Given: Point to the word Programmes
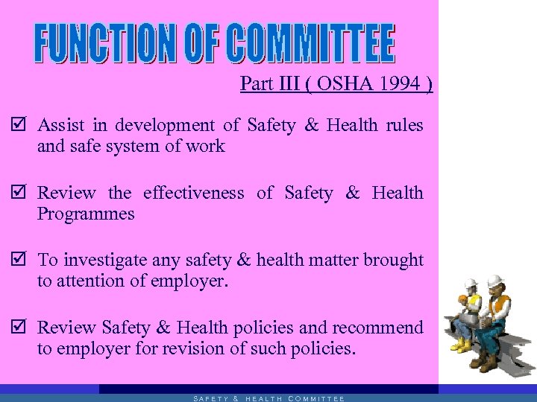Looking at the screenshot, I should coord(86,214).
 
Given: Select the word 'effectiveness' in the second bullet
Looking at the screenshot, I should coord(193,194).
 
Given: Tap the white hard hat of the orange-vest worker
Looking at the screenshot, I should coord(494,281).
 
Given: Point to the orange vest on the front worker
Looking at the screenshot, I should coord(503,306).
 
